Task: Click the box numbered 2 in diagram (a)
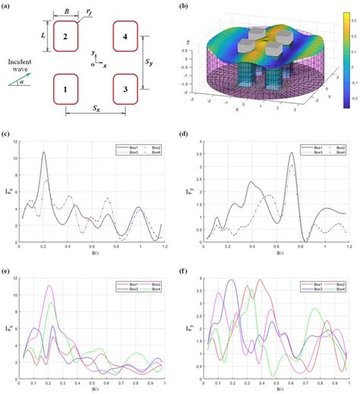(x=66, y=36)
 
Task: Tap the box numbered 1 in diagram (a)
(x=66, y=90)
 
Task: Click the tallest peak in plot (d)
(x=291, y=153)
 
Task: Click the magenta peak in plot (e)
(x=49, y=286)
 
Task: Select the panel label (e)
(x=6, y=269)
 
